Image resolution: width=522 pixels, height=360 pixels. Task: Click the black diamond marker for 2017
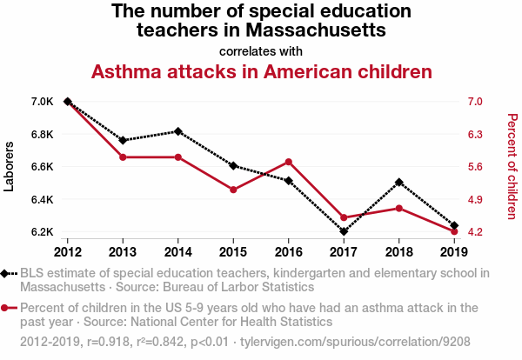(x=344, y=231)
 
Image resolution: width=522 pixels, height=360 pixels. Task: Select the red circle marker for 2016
(x=288, y=162)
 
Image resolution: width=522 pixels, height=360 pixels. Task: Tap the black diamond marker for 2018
(x=398, y=183)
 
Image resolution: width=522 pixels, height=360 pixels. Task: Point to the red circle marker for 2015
(x=233, y=190)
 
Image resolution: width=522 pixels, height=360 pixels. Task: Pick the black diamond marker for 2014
(x=178, y=131)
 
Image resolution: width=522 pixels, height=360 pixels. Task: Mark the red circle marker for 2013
(x=123, y=157)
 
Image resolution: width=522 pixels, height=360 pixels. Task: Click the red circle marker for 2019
(x=454, y=231)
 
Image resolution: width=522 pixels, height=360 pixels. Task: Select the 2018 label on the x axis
(x=398, y=252)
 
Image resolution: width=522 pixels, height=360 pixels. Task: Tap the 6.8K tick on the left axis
(x=42, y=134)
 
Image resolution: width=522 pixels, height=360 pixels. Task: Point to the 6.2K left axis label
(x=42, y=232)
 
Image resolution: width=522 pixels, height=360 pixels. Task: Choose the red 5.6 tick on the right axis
(x=474, y=167)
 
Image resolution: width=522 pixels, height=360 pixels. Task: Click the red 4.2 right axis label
(x=474, y=232)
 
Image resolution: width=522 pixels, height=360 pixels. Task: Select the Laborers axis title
(x=10, y=167)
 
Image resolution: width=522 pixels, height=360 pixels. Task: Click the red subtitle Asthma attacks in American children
(x=262, y=71)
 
